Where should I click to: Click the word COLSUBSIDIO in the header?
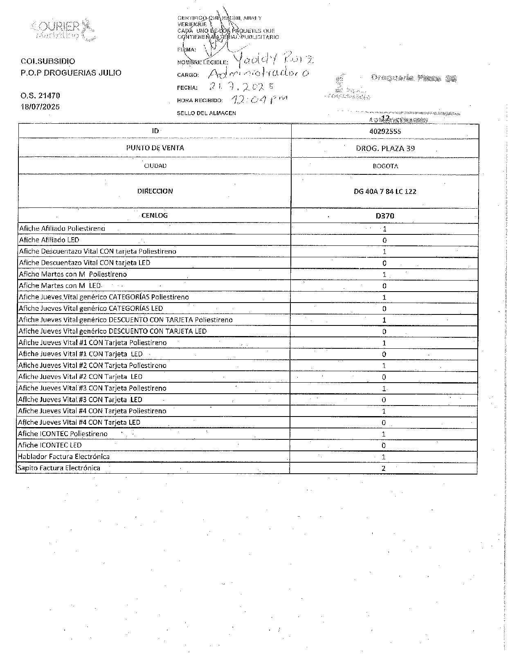48,61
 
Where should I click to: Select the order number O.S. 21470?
40,96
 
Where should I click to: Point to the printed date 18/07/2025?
40,107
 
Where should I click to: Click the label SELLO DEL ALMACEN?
206,113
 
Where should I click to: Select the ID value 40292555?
384,131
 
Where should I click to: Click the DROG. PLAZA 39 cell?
385,148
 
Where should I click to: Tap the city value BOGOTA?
385,166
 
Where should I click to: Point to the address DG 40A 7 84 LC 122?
385,192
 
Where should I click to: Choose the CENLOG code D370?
384,216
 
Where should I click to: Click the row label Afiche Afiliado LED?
49,240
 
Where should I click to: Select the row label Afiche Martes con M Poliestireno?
73,274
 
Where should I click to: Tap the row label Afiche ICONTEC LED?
49,445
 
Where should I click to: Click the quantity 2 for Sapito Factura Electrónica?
384,468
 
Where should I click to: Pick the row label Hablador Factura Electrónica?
63,457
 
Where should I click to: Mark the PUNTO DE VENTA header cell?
155,148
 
